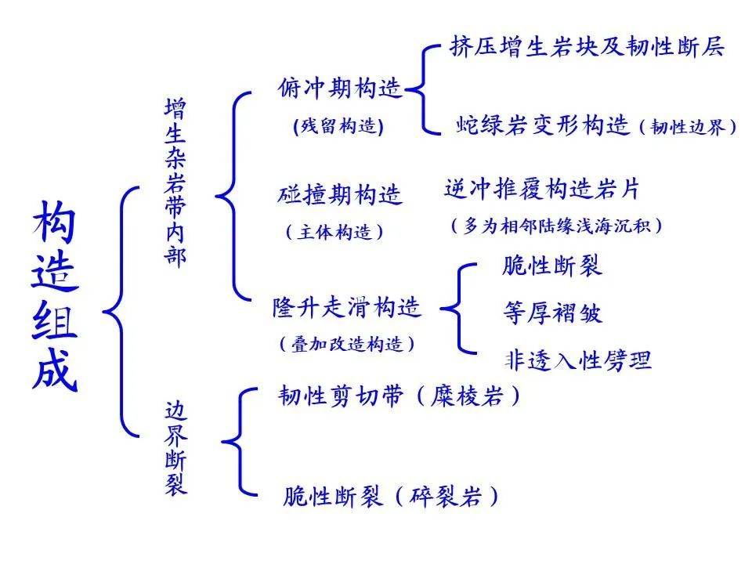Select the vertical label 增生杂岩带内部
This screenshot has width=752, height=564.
[x=175, y=183]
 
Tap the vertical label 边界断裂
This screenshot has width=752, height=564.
[x=175, y=449]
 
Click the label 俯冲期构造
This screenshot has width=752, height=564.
[x=339, y=89]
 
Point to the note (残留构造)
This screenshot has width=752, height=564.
[x=338, y=126]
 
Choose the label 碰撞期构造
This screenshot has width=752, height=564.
[x=339, y=195]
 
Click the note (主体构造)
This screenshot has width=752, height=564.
[x=334, y=232]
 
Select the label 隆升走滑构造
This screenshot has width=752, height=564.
[x=347, y=307]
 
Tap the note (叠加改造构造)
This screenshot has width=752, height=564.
[x=347, y=344]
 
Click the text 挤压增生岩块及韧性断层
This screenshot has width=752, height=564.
[x=587, y=46]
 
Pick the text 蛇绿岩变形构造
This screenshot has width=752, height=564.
[x=542, y=125]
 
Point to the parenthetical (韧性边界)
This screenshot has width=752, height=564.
[x=688, y=127]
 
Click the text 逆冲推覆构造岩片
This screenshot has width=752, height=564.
[x=542, y=189]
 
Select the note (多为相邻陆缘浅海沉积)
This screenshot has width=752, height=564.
[x=557, y=226]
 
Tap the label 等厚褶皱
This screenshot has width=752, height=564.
[x=552, y=313]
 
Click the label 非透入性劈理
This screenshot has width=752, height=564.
[x=578, y=360]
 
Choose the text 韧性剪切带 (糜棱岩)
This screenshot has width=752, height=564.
[x=399, y=396]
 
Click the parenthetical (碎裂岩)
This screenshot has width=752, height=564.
[x=446, y=496]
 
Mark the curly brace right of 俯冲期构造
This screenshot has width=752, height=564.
[x=422, y=89]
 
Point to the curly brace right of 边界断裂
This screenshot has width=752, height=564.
[x=239, y=441]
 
